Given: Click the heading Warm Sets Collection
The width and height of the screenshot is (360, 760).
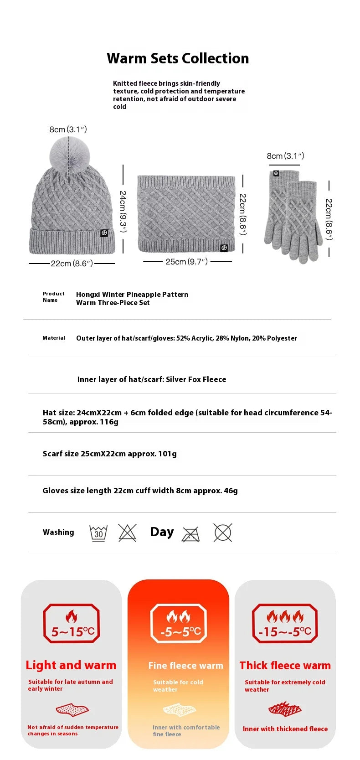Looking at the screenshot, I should coord(178,58).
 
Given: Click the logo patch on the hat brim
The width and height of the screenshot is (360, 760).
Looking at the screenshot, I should coord(104,233).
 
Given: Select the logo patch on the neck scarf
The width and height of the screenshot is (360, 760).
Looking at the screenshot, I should coord(224,248).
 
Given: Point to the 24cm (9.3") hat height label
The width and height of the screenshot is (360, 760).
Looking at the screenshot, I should coord(123,211).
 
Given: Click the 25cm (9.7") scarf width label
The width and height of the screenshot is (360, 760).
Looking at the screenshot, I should coord(186,262).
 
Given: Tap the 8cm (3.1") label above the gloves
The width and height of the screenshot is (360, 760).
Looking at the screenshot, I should coord(285,156).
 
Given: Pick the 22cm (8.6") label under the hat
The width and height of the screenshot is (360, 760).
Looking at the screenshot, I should coord(72,264).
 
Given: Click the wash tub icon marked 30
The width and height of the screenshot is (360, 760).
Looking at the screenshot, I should coord(98,533).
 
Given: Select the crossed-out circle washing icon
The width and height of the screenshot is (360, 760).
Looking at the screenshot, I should coord(222,533).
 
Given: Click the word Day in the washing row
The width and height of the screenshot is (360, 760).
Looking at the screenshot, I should coord(162,532).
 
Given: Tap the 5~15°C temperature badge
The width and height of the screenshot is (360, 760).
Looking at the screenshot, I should coord(72,623).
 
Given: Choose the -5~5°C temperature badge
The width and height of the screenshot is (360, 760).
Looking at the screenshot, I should coord(178,623).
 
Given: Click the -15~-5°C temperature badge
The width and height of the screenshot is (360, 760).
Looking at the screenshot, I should coord(285,623).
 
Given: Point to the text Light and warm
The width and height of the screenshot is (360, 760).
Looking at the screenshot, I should coord(71,665).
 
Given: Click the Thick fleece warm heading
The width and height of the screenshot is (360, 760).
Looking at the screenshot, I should coord(285,666).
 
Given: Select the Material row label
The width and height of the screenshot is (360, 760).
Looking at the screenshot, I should coord(54,338).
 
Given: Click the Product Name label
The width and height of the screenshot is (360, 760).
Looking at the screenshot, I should coord(53,297).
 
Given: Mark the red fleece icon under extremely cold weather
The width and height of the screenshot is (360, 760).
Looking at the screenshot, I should coord(285,709).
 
